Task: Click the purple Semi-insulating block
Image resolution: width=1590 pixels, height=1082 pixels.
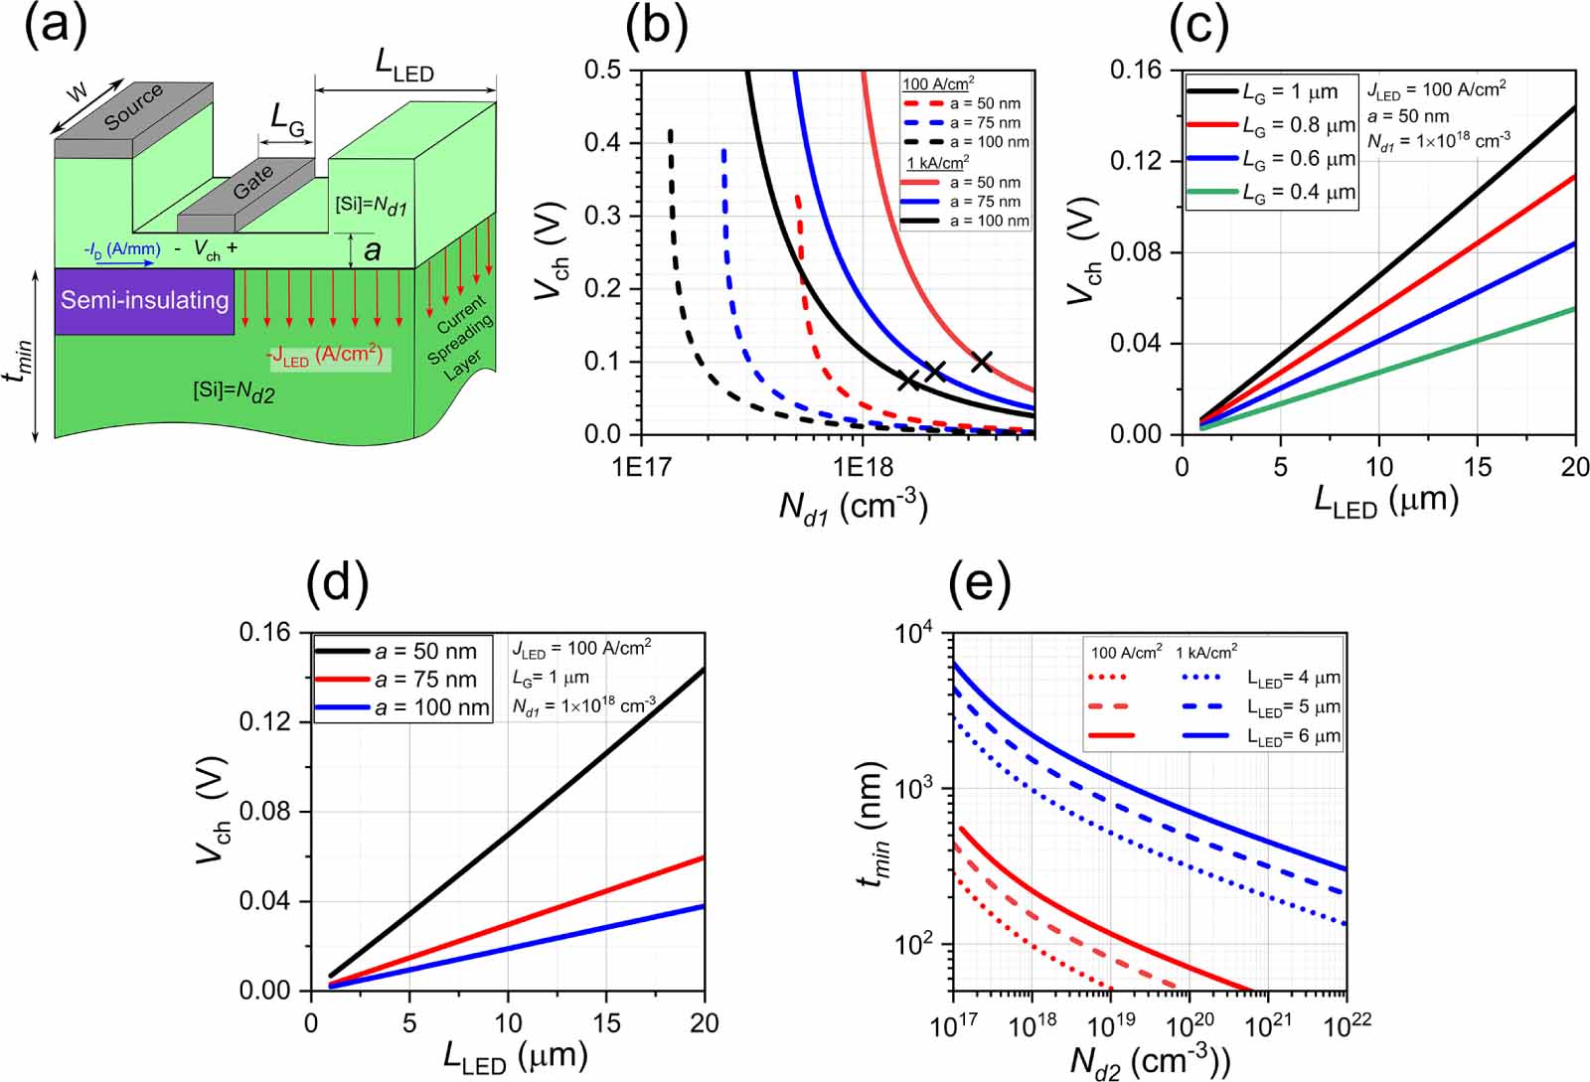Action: tap(144, 300)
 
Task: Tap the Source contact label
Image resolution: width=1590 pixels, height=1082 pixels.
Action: tap(133, 107)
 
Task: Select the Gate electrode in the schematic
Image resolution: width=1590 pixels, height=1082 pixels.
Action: tap(252, 184)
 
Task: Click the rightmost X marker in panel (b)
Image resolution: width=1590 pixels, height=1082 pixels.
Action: tap(981, 362)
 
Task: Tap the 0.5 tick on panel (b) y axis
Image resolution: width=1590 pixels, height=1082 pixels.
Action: tap(602, 71)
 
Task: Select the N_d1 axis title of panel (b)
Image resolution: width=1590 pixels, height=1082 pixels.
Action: tap(852, 507)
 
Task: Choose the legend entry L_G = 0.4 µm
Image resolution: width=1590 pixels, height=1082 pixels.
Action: tap(1298, 192)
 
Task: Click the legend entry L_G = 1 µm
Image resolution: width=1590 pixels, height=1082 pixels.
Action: tap(1289, 91)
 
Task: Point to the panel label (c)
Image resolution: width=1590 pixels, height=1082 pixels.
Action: tap(1199, 27)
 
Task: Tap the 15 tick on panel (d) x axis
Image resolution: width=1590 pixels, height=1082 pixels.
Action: tap(605, 1024)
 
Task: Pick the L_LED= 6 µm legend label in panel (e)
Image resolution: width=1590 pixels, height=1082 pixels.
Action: tap(1293, 736)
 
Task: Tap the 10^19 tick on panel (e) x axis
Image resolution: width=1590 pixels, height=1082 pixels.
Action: tap(1110, 1025)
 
